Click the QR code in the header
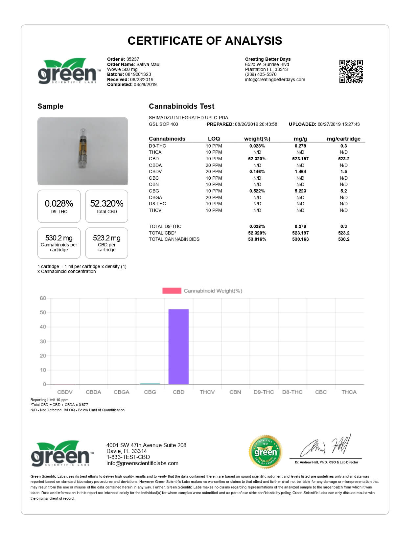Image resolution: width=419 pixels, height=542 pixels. [351, 71]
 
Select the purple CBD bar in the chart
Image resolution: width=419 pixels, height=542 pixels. [178, 347]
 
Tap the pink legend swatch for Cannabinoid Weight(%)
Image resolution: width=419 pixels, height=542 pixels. [172, 291]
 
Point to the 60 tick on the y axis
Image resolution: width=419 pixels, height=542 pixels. [43, 298]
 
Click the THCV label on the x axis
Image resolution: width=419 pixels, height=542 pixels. [207, 392]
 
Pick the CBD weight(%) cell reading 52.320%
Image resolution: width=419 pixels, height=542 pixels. [257, 159]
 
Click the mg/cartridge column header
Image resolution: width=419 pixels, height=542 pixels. [343, 139]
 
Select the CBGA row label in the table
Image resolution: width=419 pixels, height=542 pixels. [155, 197]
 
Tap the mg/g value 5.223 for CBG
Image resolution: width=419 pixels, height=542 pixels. [300, 191]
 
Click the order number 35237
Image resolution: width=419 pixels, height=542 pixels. [133, 59]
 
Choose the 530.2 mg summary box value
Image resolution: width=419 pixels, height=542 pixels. [59, 238]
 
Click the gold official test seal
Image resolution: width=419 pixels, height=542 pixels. [265, 452]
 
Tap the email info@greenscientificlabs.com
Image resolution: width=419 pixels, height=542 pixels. [142, 463]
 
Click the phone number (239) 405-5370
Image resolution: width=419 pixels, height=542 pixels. [261, 74]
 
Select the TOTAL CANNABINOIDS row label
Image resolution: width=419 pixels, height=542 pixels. [174, 239]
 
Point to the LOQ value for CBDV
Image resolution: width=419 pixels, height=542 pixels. [214, 171]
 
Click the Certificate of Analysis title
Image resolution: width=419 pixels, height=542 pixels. [205, 41]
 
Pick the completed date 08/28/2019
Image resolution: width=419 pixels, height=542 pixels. [145, 84]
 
